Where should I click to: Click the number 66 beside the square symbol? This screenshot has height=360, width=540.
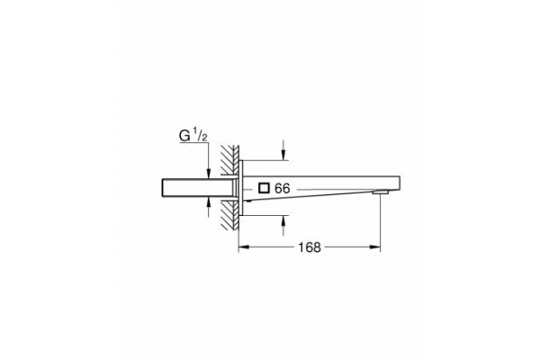282,189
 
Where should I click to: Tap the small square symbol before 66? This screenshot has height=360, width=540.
263,189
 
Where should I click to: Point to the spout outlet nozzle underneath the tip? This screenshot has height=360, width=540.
381,192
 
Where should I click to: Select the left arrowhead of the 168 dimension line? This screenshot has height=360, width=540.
242,247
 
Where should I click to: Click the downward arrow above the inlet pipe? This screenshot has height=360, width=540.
210,170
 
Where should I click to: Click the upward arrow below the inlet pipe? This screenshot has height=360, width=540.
210,206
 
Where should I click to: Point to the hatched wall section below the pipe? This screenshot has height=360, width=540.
230,216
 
